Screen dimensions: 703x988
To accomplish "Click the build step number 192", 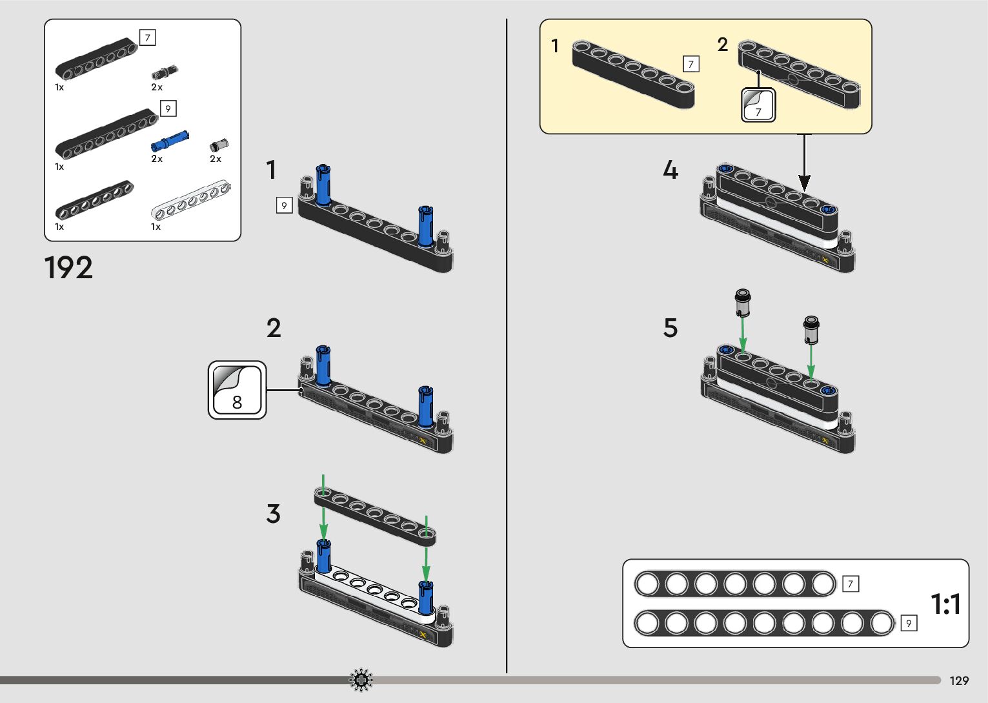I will (x=68, y=267).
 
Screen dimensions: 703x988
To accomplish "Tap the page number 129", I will (x=959, y=680).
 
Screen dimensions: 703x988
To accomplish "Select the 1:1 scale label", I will (x=945, y=604).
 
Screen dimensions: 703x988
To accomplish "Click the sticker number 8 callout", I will (x=237, y=390).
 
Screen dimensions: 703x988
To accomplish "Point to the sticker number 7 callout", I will (x=758, y=105).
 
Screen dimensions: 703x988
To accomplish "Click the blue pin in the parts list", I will (x=170, y=140).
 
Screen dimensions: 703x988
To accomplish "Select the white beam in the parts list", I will (x=190, y=201).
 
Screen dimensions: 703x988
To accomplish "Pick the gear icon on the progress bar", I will (x=361, y=680).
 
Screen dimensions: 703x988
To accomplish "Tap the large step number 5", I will (x=670, y=328).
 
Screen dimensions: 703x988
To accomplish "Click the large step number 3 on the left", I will (x=273, y=514).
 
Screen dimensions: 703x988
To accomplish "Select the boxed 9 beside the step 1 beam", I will (x=284, y=205).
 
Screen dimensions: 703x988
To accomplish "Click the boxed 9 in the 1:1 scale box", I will (x=908, y=623).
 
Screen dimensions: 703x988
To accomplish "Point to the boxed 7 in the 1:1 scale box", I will (x=851, y=584).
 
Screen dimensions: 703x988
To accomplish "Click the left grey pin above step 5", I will (x=743, y=301).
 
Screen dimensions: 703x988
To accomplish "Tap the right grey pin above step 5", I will (x=811, y=329).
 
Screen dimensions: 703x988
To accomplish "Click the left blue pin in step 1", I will (x=323, y=185).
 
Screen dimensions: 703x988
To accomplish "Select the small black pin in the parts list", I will (x=165, y=72).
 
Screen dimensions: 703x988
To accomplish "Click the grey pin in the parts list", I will (x=220, y=145).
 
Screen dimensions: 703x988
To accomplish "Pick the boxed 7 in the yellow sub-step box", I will (x=691, y=64).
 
